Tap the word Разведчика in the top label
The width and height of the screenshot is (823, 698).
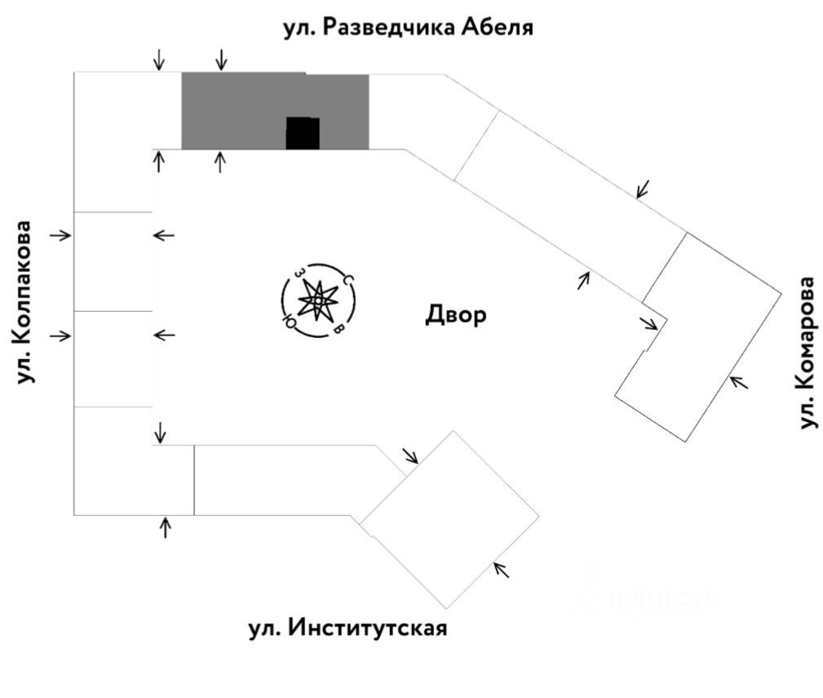pos(378,28)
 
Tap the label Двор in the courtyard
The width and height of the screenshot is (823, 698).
pos(455,315)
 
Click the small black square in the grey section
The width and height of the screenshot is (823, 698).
pos(302,133)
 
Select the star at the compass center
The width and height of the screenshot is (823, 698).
pos(316,301)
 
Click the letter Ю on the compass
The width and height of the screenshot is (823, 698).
pos(287,322)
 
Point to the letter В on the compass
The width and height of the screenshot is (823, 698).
pos(338,330)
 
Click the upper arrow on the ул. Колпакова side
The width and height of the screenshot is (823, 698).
pos(61,235)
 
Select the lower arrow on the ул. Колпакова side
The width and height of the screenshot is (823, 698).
pos(61,336)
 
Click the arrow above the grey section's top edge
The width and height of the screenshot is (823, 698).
pos(220,59)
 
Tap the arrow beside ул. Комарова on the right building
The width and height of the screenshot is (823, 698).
pos(739,380)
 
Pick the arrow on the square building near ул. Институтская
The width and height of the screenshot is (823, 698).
pos(502,569)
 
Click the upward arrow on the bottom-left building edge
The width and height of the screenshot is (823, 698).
pos(166,527)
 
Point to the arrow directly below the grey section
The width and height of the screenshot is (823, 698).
pos(219,161)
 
